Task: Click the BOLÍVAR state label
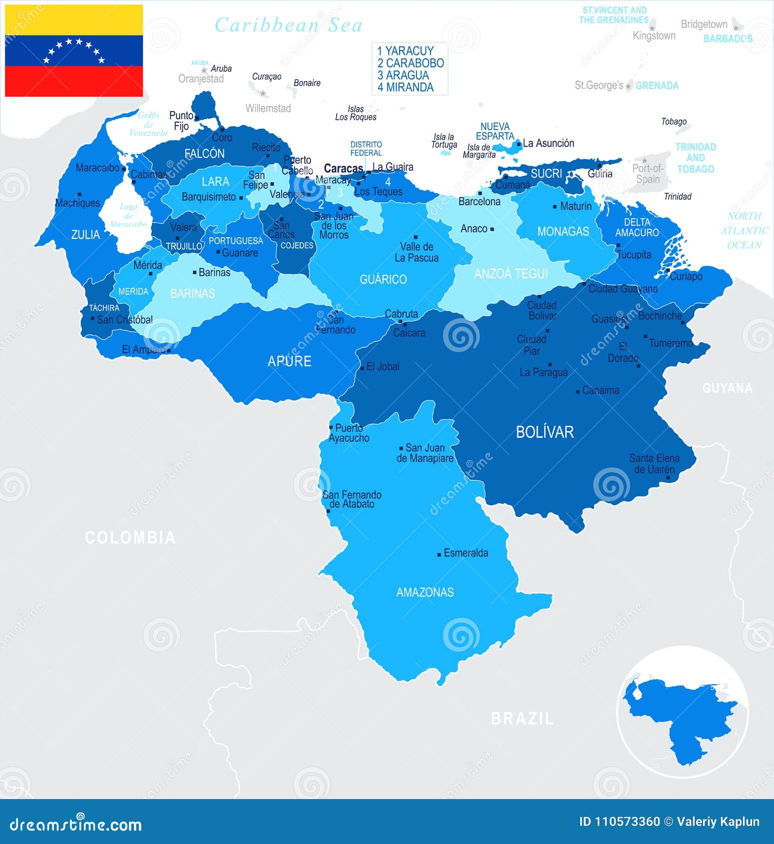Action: (544, 432)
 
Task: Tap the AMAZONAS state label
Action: (425, 592)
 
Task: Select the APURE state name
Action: (290, 361)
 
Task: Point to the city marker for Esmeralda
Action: (439, 554)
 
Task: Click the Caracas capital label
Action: (343, 168)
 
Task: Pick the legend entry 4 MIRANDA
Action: (405, 87)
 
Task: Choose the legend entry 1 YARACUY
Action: (405, 50)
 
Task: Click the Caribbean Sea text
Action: (289, 25)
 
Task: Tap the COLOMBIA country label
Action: (130, 537)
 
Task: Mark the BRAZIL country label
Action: (522, 719)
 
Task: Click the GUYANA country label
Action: (727, 388)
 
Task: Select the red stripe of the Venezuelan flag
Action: (74, 81)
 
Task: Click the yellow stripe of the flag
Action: (74, 20)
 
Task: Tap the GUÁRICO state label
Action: (383, 279)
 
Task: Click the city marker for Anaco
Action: (492, 229)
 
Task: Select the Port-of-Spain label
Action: (648, 174)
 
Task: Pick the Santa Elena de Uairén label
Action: (654, 463)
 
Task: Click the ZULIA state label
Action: (85, 234)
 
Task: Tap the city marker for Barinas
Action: (195, 272)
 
